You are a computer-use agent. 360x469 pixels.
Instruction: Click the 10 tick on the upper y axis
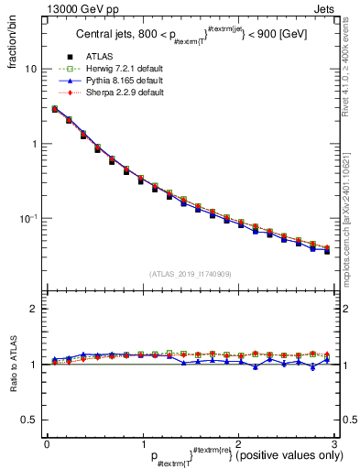[x=30, y=70]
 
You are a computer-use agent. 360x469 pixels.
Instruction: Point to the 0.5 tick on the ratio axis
[x=28, y=420]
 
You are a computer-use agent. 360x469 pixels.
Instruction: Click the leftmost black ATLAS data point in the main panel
[x=55, y=109]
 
